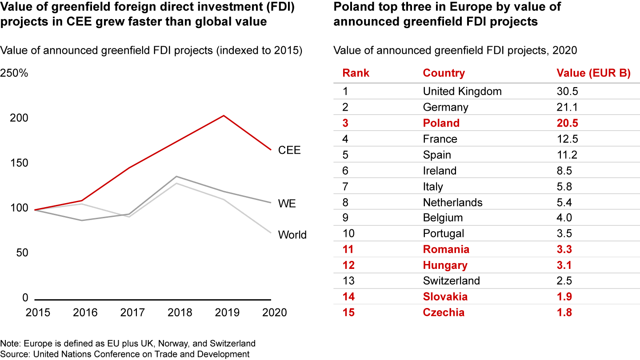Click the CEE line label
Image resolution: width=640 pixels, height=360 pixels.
[289, 150]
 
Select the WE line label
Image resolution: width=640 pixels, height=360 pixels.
[287, 204]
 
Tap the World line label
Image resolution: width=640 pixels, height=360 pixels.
[292, 235]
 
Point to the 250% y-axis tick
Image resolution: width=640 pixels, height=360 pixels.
[14, 73]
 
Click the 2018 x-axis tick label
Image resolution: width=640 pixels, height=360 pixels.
[180, 312]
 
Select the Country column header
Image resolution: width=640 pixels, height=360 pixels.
[444, 73]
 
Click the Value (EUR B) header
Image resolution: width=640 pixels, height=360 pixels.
[593, 73]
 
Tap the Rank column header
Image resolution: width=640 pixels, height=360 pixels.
[356, 73]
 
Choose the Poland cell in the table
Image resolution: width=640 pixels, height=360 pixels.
[441, 123]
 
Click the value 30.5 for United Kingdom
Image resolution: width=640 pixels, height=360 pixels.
[567, 92]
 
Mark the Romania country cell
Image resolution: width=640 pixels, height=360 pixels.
[446, 250]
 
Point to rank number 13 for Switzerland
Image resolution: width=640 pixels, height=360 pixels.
[348, 281]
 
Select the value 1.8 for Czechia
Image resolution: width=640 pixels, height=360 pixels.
[564, 312]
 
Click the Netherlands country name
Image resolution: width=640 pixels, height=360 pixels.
[452, 203]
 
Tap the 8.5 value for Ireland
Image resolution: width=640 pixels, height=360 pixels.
[564, 171]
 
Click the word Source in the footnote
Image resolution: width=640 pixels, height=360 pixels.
[13, 354]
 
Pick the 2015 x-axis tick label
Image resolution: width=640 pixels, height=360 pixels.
[38, 312]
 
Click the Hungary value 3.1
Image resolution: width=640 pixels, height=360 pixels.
[564, 265]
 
